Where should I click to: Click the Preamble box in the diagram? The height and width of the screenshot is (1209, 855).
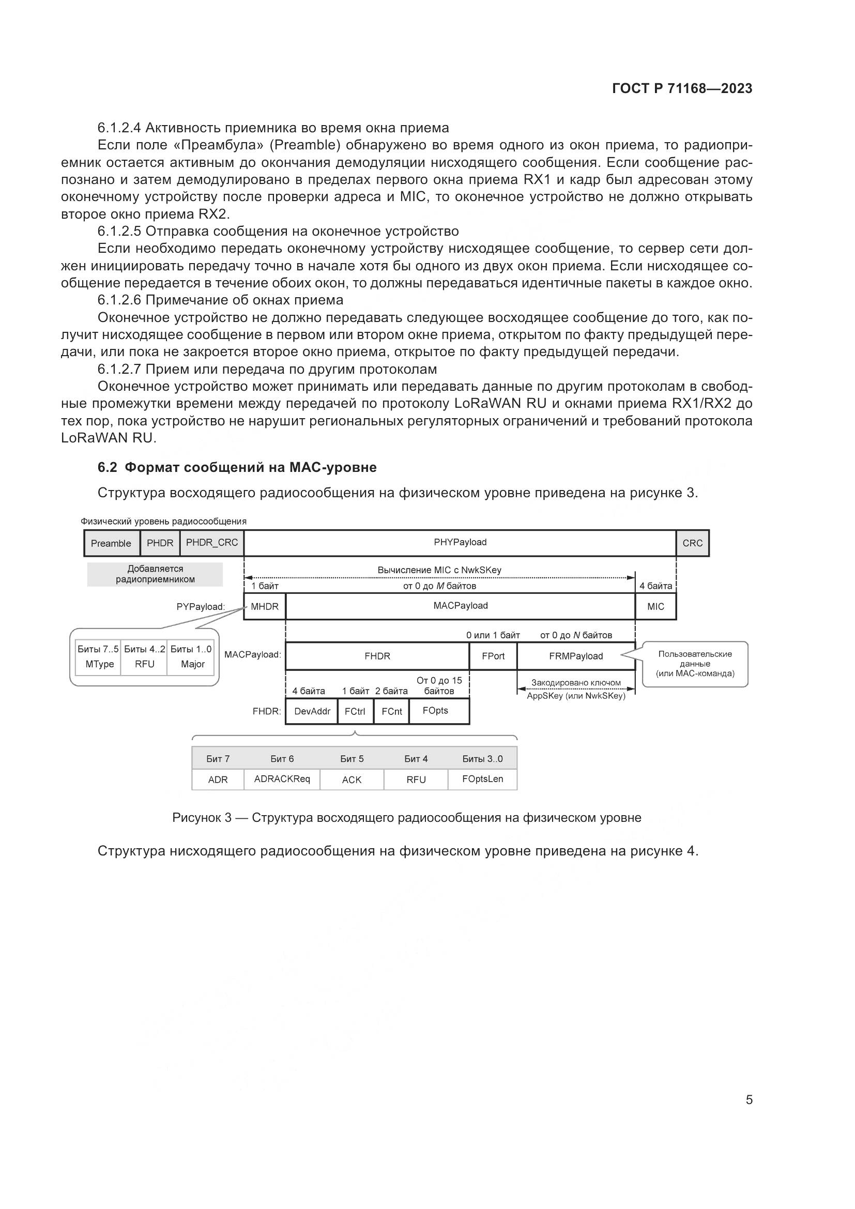(111, 543)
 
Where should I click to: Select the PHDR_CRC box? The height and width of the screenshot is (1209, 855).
(211, 543)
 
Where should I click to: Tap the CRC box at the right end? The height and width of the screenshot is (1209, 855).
(692, 543)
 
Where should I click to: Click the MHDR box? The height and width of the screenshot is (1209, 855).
(264, 607)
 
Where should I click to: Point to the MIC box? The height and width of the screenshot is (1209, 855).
(655, 607)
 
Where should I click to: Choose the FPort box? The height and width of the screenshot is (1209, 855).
(493, 656)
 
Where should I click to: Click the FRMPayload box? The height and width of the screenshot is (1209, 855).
(575, 656)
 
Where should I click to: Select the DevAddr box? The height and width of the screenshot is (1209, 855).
(312, 711)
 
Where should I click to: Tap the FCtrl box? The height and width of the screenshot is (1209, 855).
(355, 711)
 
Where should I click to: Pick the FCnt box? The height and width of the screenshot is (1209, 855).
(392, 711)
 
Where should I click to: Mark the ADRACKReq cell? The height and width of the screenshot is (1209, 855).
(282, 779)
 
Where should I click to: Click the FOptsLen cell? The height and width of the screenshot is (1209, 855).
(482, 779)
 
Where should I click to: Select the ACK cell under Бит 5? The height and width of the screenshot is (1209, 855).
(352, 779)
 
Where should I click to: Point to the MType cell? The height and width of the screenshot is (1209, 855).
(99, 664)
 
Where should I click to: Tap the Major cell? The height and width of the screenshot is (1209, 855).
(193, 664)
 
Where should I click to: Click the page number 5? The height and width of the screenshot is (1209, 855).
(749, 1099)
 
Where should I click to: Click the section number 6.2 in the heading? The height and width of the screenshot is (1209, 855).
(108, 468)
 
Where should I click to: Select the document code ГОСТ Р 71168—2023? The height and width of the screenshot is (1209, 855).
(682, 88)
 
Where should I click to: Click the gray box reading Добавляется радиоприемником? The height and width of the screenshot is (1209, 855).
(155, 574)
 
